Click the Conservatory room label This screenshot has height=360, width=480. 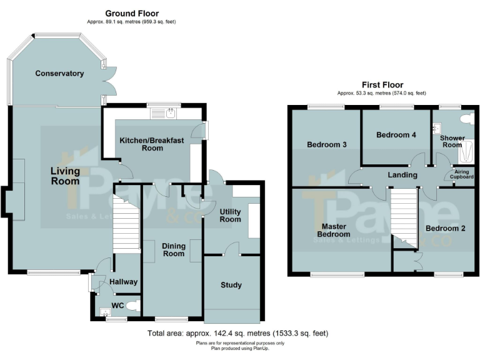[x=59, y=73]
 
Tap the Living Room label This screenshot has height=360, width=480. [x=65, y=176]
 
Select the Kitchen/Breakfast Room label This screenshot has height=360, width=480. [x=152, y=144]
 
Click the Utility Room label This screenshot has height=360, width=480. [x=230, y=216]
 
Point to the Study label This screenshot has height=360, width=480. [x=231, y=285]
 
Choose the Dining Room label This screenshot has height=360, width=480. [x=173, y=250]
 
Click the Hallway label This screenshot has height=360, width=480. [x=123, y=282]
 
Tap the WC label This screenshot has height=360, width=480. [x=117, y=306]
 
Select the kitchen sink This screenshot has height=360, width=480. [x=169, y=114]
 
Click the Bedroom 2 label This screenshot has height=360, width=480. [x=445, y=228]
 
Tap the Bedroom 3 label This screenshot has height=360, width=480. [x=326, y=145]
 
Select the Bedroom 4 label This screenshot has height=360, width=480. [x=396, y=134]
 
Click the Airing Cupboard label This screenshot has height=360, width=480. [x=462, y=174]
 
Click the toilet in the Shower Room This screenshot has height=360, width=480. [x=465, y=118]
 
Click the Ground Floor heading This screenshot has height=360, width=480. [x=131, y=13]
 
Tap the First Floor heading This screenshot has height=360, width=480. [x=382, y=84]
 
